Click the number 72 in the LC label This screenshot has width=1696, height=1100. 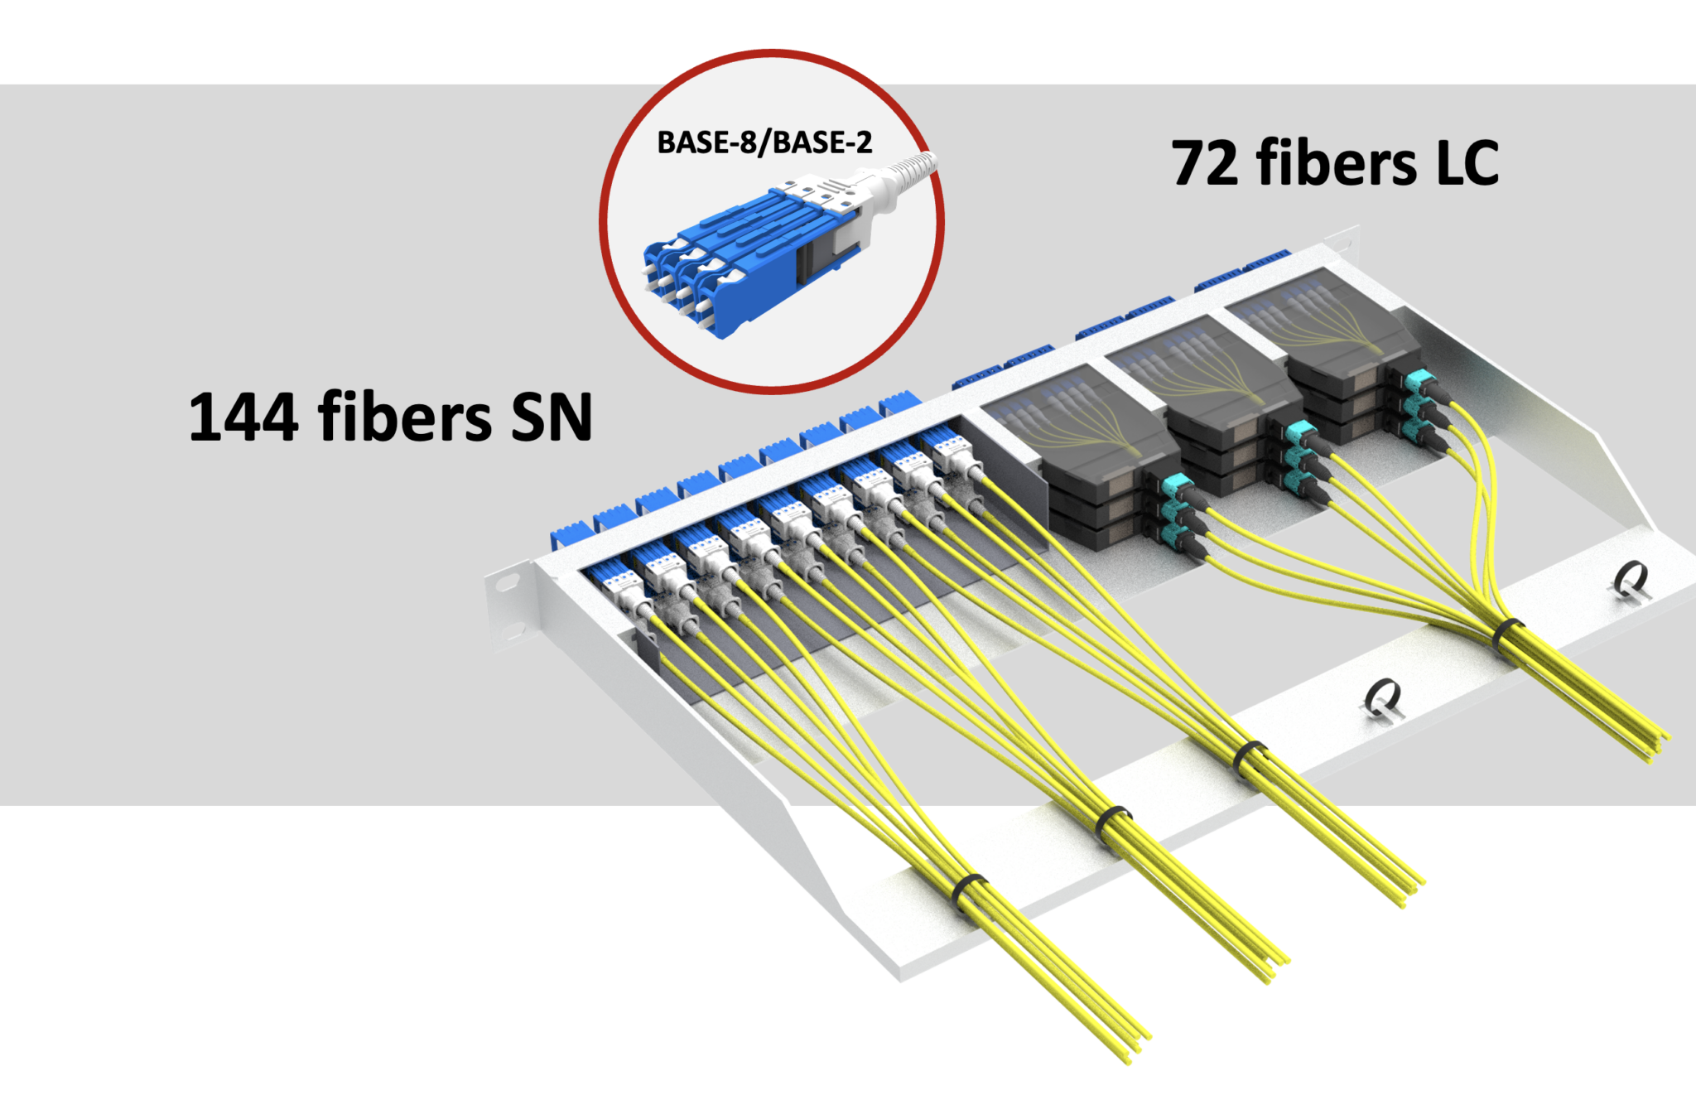pos(1205,163)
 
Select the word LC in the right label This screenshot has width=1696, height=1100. pos(1467,163)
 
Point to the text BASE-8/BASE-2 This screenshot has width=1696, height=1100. pos(764,142)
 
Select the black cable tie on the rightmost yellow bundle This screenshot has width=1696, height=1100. pos(1507,634)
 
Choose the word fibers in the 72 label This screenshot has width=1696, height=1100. pos(1336,163)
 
